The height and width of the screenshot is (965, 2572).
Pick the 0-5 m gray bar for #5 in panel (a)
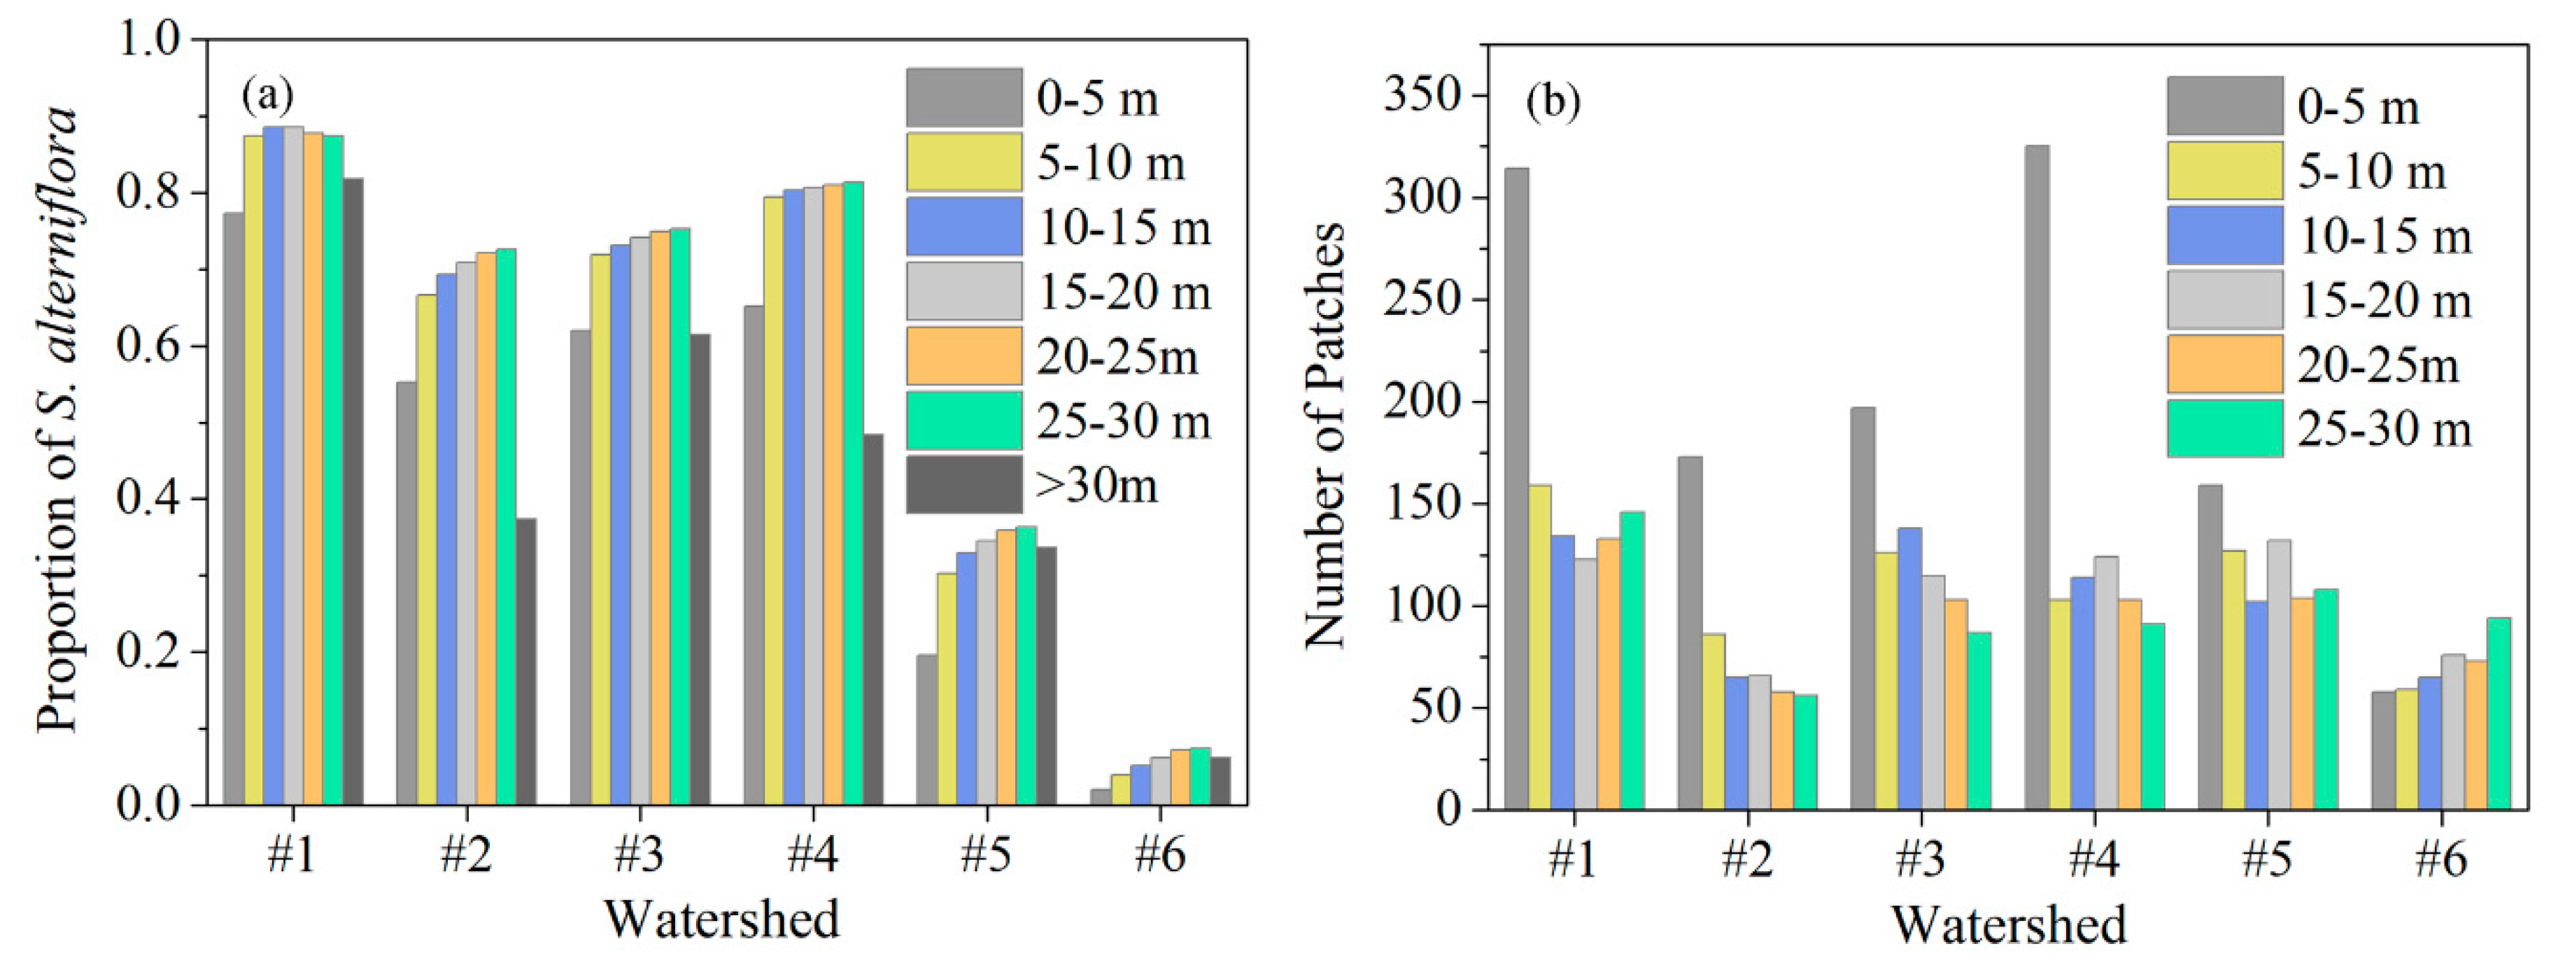(926, 729)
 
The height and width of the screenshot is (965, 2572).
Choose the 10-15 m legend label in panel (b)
(2384, 237)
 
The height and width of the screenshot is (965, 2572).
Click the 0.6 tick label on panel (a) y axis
(150, 346)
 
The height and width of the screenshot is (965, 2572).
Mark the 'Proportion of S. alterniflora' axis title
(58, 420)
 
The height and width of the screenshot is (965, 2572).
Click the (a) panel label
(267, 96)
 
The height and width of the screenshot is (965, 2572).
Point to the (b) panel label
(1553, 102)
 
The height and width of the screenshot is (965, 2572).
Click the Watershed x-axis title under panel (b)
(2009, 923)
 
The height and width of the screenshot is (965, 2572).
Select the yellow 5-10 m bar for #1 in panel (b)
(1539, 647)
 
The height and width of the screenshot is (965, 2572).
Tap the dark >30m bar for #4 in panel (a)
(872, 619)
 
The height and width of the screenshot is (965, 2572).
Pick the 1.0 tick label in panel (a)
(150, 40)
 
